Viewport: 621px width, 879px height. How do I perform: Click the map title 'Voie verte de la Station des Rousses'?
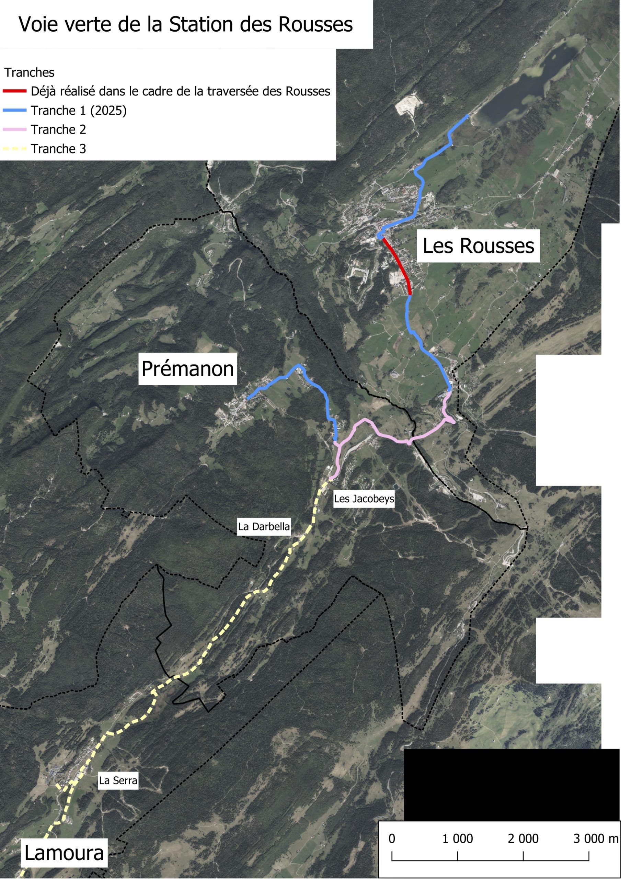click(186, 24)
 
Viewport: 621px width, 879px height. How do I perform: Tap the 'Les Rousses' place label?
click(478, 246)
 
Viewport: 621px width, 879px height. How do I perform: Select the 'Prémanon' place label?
click(187, 369)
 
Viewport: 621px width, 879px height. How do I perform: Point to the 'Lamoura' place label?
click(64, 853)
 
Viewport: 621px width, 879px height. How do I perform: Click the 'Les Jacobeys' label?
click(364, 499)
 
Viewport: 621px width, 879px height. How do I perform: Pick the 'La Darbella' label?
click(264, 526)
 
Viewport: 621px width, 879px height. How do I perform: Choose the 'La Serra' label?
click(118, 780)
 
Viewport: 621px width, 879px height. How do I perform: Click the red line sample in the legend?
click(14, 91)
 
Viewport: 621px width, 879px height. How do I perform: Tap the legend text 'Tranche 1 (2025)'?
click(79, 110)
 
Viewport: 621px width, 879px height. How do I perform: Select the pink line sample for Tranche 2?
click(14, 129)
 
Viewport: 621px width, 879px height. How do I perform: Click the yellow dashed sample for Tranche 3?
click(14, 149)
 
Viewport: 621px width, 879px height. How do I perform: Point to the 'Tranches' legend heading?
click(30, 72)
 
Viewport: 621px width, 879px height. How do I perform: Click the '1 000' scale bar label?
click(458, 838)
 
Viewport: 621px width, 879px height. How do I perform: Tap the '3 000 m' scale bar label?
click(595, 838)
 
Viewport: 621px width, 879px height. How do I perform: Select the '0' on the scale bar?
click(392, 838)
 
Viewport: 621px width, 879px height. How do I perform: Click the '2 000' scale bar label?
click(523, 838)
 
